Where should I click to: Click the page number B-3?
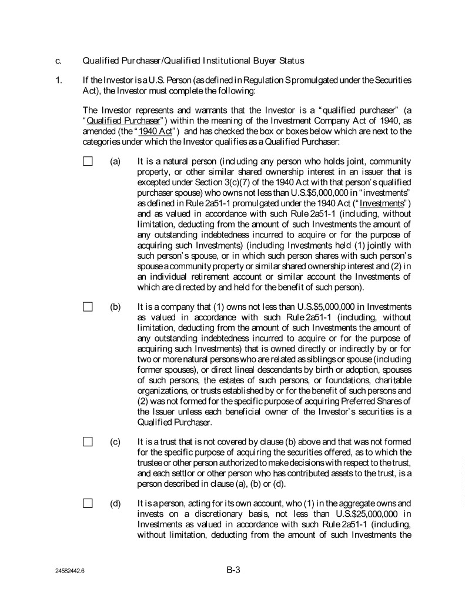[233, 570]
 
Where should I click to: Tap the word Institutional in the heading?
[209, 60]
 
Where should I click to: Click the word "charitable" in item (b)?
[392, 381]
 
